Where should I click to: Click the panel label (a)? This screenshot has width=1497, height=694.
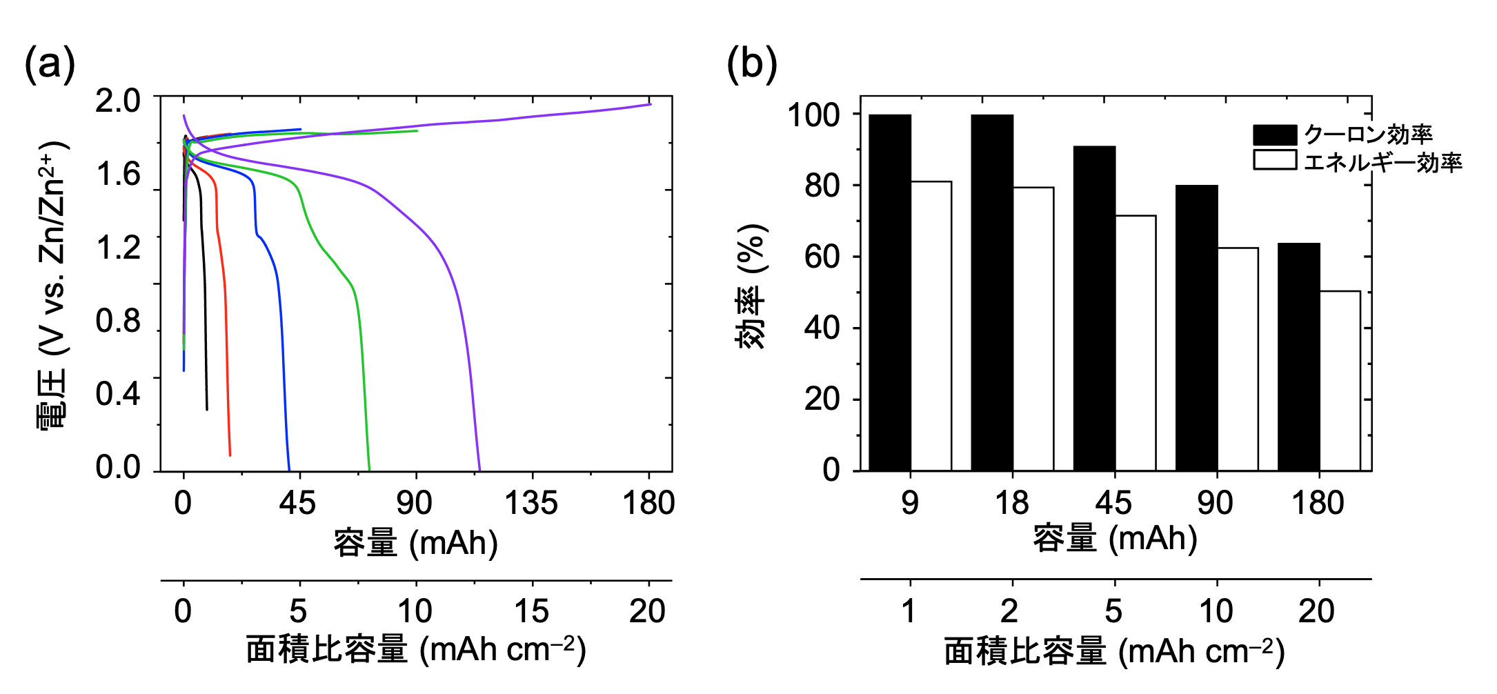pyautogui.click(x=49, y=65)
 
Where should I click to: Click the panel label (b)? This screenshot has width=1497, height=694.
pyautogui.click(x=751, y=65)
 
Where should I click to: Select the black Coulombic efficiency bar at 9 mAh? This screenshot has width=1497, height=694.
pyautogui.click(x=890, y=293)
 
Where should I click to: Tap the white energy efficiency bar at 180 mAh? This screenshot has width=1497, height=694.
pyautogui.click(x=1340, y=381)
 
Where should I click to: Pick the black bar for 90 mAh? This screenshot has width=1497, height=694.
pyautogui.click(x=1197, y=328)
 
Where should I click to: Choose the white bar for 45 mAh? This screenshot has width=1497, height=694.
pyautogui.click(x=1136, y=343)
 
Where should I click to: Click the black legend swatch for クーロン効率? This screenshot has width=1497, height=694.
pyautogui.click(x=1275, y=135)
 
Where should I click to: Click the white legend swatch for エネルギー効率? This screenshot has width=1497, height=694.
pyautogui.click(x=1275, y=160)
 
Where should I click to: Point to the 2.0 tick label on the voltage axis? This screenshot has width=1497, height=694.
pyautogui.click(x=118, y=101)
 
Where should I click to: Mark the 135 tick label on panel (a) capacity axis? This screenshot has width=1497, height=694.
pyautogui.click(x=531, y=503)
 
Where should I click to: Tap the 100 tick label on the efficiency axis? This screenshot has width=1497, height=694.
pyautogui.click(x=814, y=115)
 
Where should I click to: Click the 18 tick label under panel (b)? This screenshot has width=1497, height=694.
pyautogui.click(x=1012, y=503)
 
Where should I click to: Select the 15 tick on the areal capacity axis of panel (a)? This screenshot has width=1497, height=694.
pyautogui.click(x=531, y=611)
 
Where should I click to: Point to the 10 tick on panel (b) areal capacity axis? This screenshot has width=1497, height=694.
pyautogui.click(x=1216, y=611)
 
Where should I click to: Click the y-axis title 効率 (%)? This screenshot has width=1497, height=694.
pyautogui.click(x=751, y=286)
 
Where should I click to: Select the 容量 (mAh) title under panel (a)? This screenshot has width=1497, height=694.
pyautogui.click(x=416, y=543)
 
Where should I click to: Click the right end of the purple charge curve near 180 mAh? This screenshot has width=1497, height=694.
pyautogui.click(x=650, y=104)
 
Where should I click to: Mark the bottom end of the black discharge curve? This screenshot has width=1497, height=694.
pyautogui.click(x=207, y=409)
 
